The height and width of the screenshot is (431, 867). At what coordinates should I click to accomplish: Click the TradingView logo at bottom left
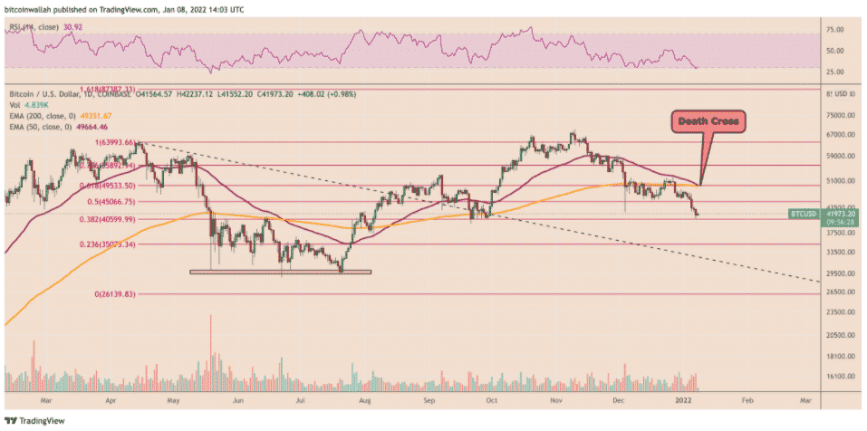pos(29,420)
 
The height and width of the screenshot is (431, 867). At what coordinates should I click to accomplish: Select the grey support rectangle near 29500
pos(280,272)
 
